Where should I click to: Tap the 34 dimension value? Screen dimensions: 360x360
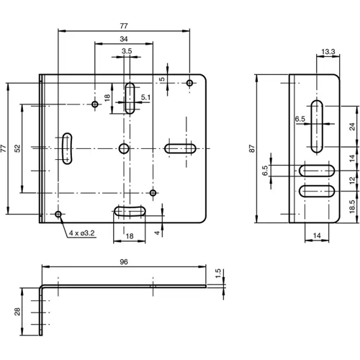coord(124,38)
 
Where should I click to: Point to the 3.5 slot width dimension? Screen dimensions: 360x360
coord(127,51)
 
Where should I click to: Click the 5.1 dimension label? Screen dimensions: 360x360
coord(146,96)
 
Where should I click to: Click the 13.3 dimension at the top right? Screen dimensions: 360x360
coord(328,51)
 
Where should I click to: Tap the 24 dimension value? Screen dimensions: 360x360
coord(352,127)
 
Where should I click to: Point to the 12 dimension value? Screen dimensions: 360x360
coord(352,181)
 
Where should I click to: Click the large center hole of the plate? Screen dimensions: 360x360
coord(124,148)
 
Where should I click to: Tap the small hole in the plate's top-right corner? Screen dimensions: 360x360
coord(189,84)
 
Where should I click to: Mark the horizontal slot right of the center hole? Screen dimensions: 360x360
coord(181,148)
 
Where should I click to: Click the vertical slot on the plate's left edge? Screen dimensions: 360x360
coord(66,148)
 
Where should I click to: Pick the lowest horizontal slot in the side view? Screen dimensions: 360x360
coord(316,192)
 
